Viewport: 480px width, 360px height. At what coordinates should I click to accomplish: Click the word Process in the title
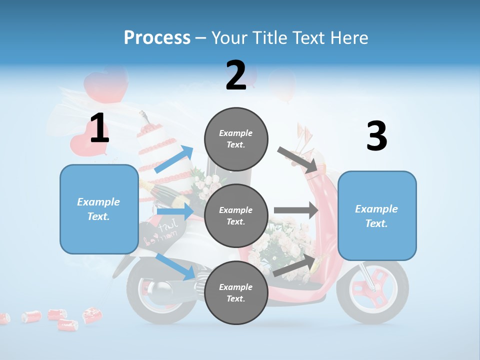[x=157, y=37]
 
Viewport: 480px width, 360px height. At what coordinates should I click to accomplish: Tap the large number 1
[x=99, y=128]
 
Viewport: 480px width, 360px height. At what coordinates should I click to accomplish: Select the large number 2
[x=236, y=75]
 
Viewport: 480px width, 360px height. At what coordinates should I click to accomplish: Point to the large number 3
[x=376, y=136]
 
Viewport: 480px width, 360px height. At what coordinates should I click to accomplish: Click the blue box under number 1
[x=99, y=209]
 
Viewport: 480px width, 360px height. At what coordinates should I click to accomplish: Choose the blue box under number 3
[x=377, y=216]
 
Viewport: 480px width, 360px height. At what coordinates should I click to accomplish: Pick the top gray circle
[x=236, y=139]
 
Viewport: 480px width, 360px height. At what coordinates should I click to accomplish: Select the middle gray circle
[x=236, y=216]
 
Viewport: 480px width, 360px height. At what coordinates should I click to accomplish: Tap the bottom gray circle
[x=236, y=293]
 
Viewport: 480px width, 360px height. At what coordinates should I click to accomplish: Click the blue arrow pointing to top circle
[x=174, y=159]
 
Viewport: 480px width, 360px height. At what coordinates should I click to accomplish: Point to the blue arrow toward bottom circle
[x=175, y=267]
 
